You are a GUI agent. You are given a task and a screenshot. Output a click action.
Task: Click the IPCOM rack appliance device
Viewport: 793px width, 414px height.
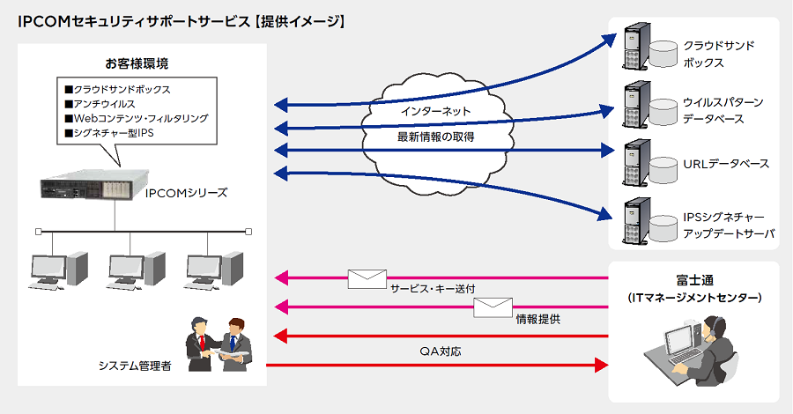(94, 184)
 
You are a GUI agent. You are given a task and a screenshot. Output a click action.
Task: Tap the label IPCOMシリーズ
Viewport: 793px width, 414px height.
(186, 193)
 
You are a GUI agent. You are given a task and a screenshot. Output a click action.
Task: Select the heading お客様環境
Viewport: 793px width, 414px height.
(137, 63)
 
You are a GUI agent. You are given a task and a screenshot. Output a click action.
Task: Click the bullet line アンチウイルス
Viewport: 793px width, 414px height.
(100, 104)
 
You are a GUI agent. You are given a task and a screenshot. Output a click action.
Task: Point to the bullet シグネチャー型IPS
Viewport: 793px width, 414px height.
(109, 134)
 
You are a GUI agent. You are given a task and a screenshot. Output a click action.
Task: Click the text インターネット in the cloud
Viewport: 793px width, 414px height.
(436, 111)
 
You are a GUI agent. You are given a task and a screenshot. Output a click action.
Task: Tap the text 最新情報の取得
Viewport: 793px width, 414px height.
(436, 137)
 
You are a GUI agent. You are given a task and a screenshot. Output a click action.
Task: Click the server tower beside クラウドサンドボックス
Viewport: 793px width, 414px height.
(636, 46)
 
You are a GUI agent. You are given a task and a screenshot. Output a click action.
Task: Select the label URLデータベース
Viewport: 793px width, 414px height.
(726, 164)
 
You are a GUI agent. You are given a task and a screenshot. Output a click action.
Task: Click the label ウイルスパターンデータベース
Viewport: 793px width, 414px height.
(723, 111)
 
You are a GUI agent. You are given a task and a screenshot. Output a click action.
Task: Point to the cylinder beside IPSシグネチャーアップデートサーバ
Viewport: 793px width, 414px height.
(663, 228)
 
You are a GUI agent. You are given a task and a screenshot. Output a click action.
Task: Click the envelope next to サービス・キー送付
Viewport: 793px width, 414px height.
(367, 279)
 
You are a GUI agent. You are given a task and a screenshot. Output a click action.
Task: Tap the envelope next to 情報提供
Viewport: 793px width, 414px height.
(493, 307)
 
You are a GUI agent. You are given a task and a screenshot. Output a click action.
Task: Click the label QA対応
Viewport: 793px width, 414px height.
(441, 351)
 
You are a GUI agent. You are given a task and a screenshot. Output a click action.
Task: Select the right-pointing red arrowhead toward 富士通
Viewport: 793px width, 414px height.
(601, 365)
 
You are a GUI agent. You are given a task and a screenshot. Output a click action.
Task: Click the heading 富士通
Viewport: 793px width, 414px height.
(695, 280)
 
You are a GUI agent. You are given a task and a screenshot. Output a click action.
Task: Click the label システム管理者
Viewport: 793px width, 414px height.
(135, 366)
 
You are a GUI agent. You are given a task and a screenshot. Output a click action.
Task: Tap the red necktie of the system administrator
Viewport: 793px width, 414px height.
(203, 343)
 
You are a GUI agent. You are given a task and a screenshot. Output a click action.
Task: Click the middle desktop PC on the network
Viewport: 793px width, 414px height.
(136, 270)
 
